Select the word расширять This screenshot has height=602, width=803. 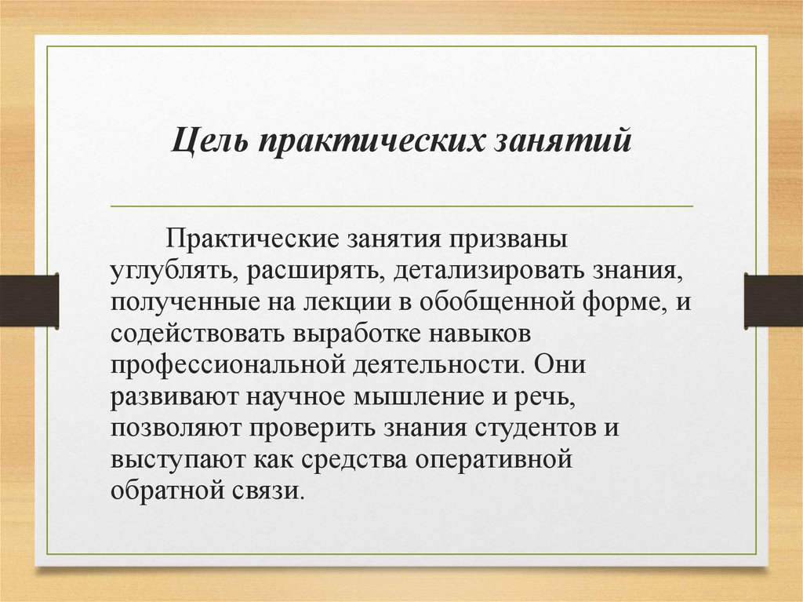(x=313, y=270)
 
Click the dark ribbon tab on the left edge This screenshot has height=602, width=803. (x=29, y=300)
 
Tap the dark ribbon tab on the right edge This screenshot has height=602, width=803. (x=773, y=300)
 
